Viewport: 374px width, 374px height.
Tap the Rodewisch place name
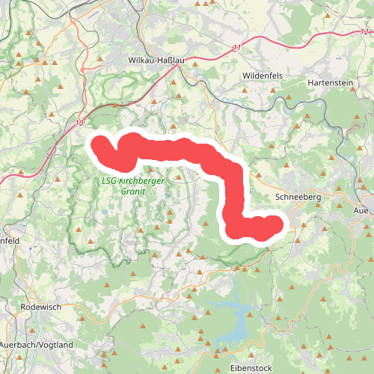[42, 307]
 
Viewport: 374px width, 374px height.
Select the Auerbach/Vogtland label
[37, 345]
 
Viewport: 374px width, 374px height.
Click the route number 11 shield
[237, 48]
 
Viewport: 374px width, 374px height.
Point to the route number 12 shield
[364, 31]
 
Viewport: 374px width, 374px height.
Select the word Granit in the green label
[132, 191]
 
